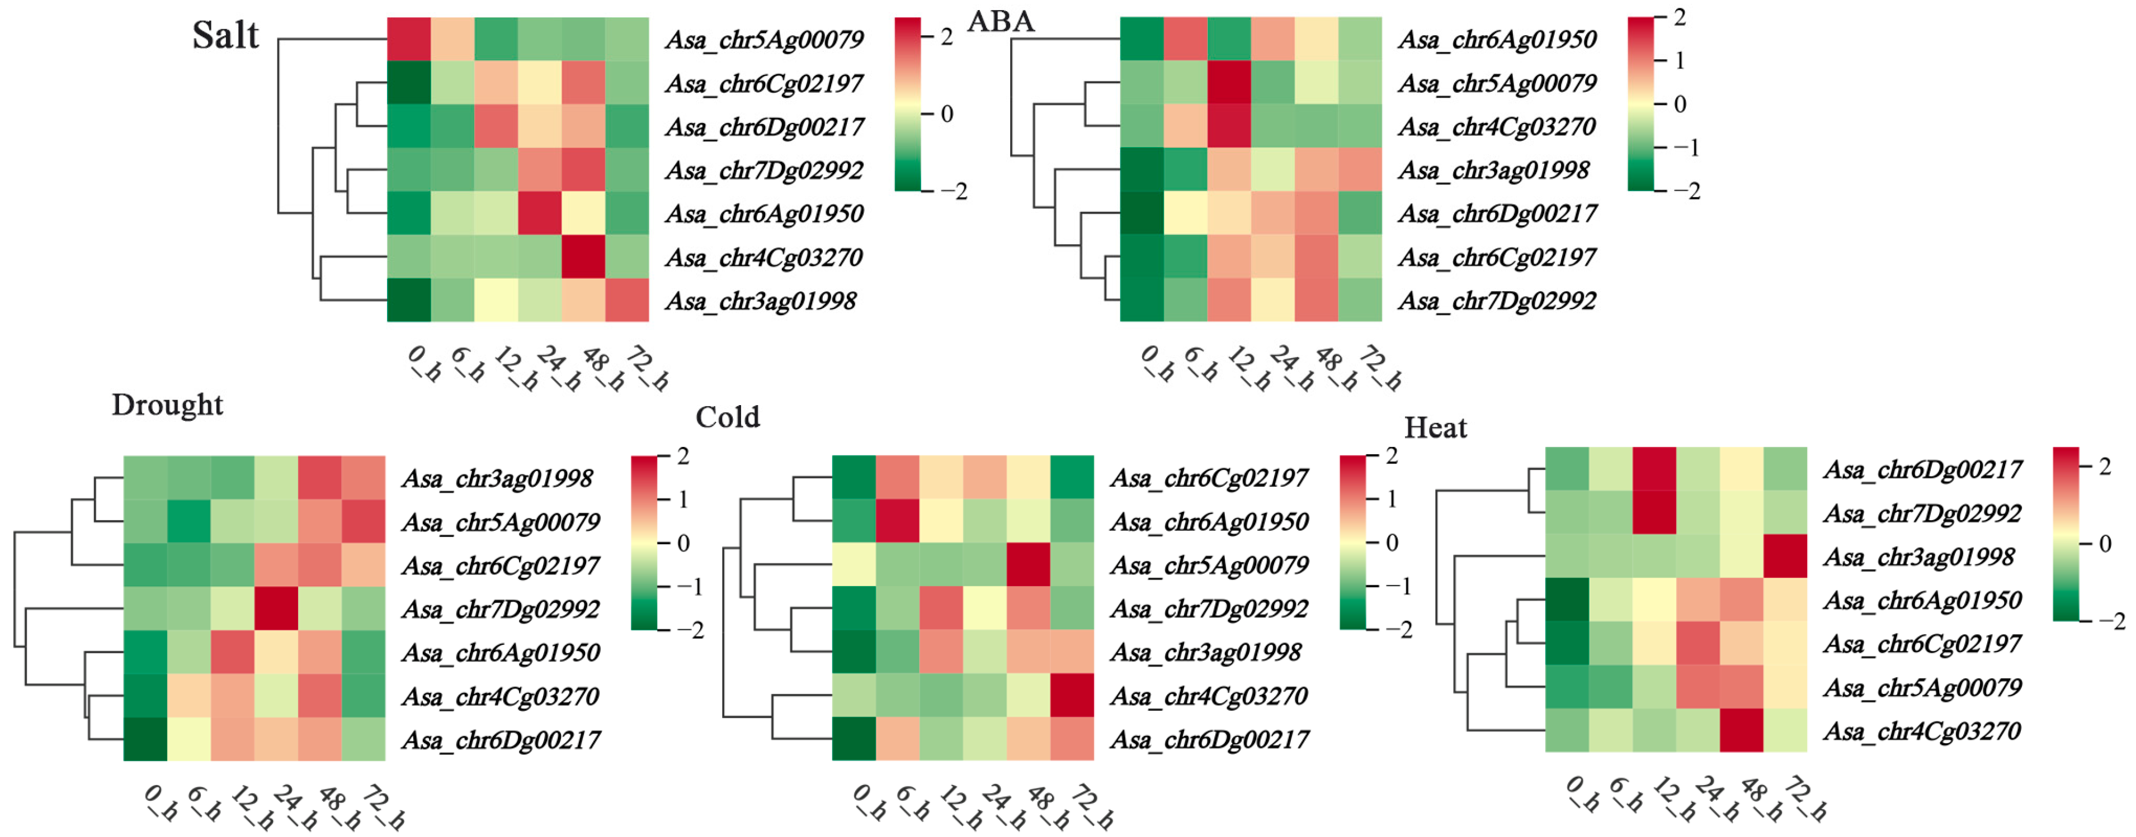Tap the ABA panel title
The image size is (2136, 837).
(1001, 21)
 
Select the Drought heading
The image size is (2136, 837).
(167, 405)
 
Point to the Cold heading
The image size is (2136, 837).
(727, 417)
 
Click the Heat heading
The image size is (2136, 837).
(1435, 427)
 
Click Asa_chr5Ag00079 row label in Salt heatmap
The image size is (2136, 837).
(763, 40)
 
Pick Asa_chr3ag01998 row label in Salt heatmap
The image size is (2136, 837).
(760, 301)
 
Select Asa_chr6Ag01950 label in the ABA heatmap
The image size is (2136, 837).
(1497, 40)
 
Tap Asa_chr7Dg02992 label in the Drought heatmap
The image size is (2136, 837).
(501, 609)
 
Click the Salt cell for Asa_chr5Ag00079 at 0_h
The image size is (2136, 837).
(409, 39)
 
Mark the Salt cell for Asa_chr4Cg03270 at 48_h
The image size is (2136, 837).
(583, 257)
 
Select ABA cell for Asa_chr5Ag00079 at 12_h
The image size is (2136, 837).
(1229, 83)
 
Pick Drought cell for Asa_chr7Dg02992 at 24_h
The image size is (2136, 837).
(277, 608)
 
